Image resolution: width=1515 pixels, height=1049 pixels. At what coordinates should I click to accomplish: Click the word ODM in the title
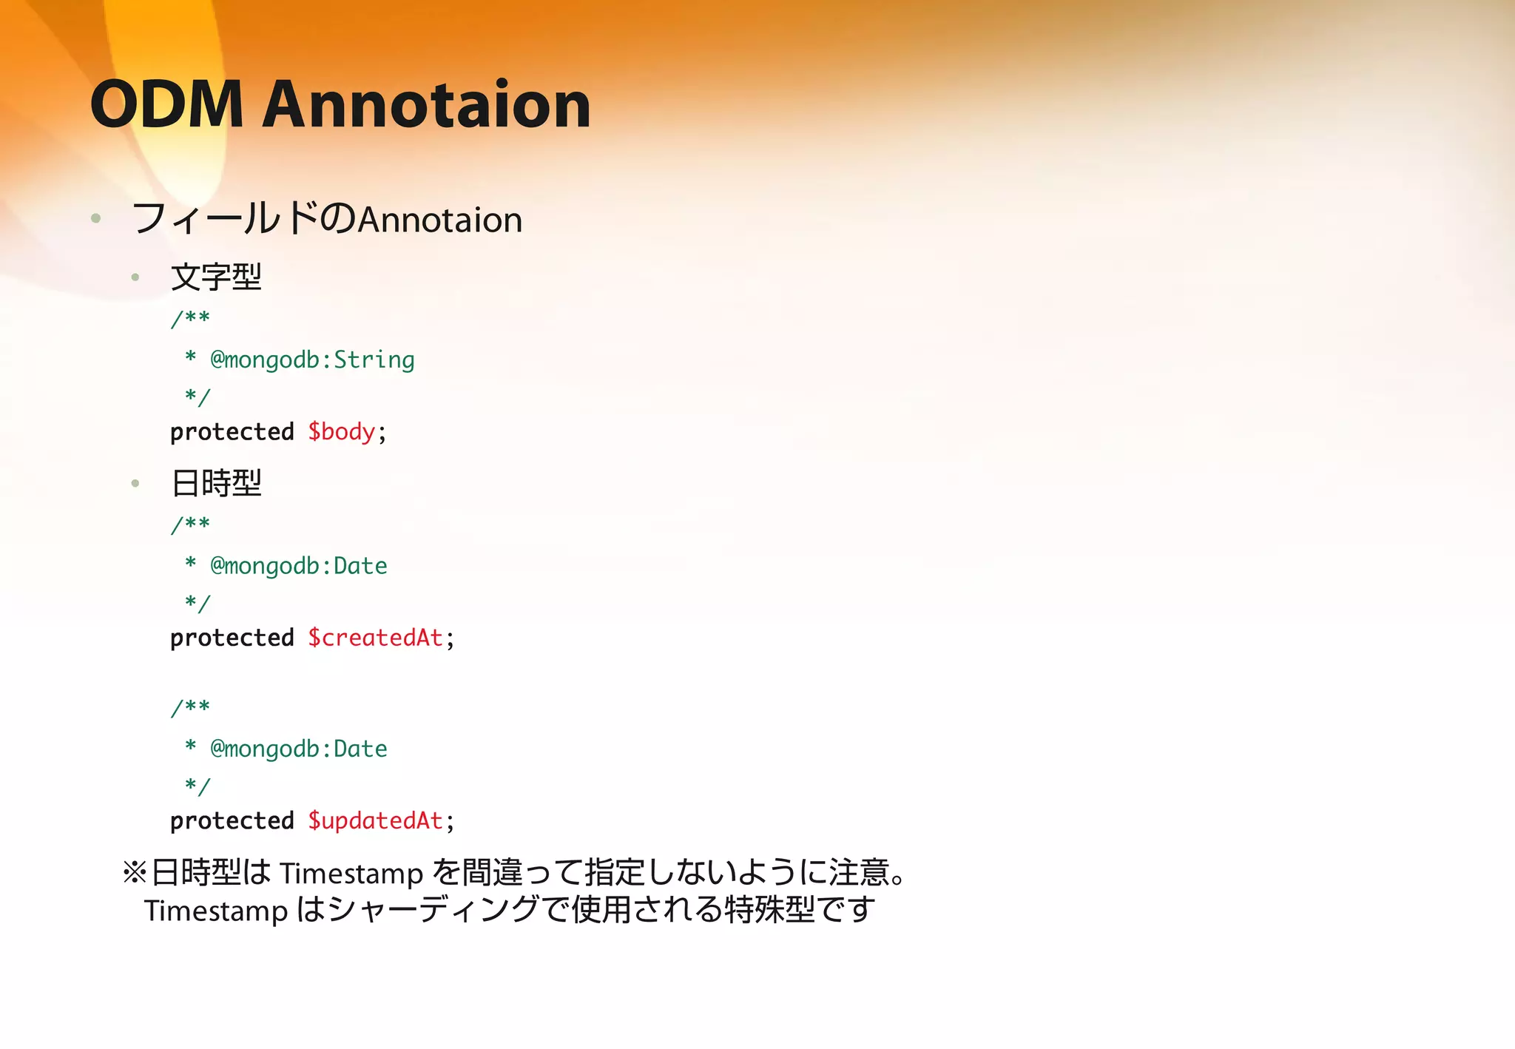pos(166,104)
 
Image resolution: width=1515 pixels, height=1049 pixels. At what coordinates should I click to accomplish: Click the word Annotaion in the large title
pos(427,104)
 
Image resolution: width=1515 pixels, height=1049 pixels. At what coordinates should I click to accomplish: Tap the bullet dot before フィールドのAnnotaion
pos(95,218)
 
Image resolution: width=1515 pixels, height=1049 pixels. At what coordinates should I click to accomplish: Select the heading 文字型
pos(216,277)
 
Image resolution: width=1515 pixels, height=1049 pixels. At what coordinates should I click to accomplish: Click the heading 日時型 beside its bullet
pos(216,483)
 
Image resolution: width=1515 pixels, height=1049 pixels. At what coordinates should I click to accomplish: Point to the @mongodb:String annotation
pos(312,360)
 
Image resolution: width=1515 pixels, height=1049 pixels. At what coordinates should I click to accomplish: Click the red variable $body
pos(342,432)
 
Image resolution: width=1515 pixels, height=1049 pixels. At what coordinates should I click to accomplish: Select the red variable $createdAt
pos(376,638)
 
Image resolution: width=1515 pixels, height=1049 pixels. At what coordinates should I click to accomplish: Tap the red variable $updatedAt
pos(376,820)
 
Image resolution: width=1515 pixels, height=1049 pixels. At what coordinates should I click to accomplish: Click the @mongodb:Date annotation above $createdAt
pos(299,566)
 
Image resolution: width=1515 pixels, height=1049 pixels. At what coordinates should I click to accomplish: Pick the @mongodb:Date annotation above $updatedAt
pos(299,749)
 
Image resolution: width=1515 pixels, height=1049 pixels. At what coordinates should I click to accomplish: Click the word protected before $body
pos(232,432)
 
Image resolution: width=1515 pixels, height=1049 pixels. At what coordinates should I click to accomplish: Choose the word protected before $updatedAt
pos(232,820)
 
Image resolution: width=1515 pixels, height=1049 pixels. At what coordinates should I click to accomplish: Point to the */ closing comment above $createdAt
pos(198,603)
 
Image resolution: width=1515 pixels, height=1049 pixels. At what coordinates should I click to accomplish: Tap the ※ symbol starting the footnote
pos(135,873)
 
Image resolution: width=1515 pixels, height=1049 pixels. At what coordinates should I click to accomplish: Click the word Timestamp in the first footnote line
pos(351,874)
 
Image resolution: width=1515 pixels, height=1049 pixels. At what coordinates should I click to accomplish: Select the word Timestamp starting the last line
pos(216,911)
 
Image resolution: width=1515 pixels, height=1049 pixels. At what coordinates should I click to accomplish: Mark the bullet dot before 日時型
pos(135,484)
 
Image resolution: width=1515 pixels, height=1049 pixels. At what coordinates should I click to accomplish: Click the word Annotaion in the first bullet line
pos(440,220)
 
